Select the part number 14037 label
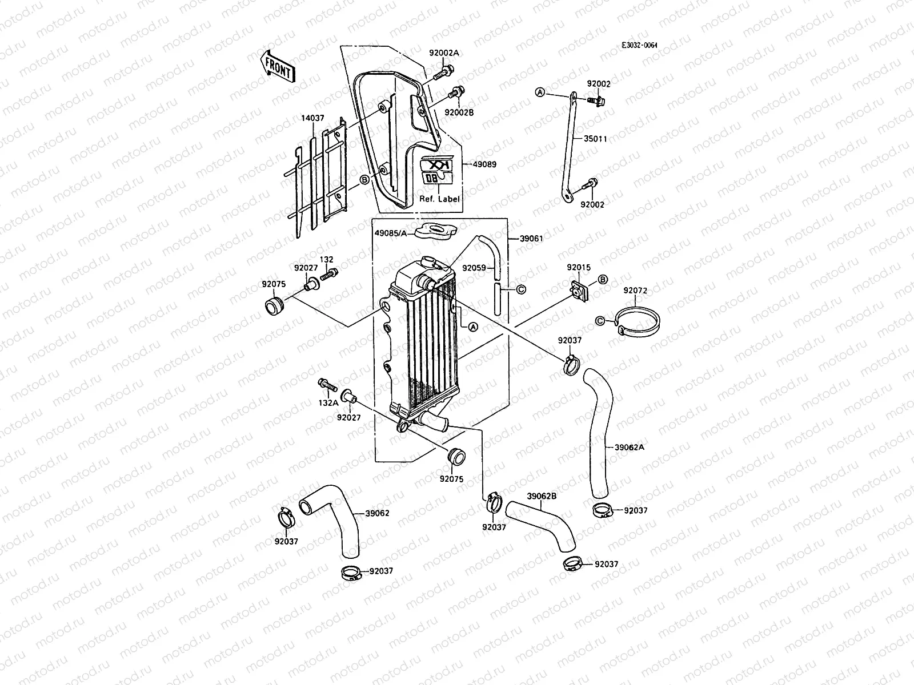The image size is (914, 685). tap(312, 118)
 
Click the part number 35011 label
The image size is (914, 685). tap(595, 139)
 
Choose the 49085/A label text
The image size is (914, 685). tap(391, 233)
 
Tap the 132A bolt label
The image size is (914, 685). tap(328, 402)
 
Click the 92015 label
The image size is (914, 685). tap(579, 267)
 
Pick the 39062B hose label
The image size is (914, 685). tap(542, 496)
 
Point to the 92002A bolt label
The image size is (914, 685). tap(444, 53)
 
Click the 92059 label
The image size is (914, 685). tap(474, 267)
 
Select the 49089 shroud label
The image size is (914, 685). tap(484, 164)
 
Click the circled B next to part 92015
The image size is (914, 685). tap(603, 279)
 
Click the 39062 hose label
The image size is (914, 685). tap(378, 513)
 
